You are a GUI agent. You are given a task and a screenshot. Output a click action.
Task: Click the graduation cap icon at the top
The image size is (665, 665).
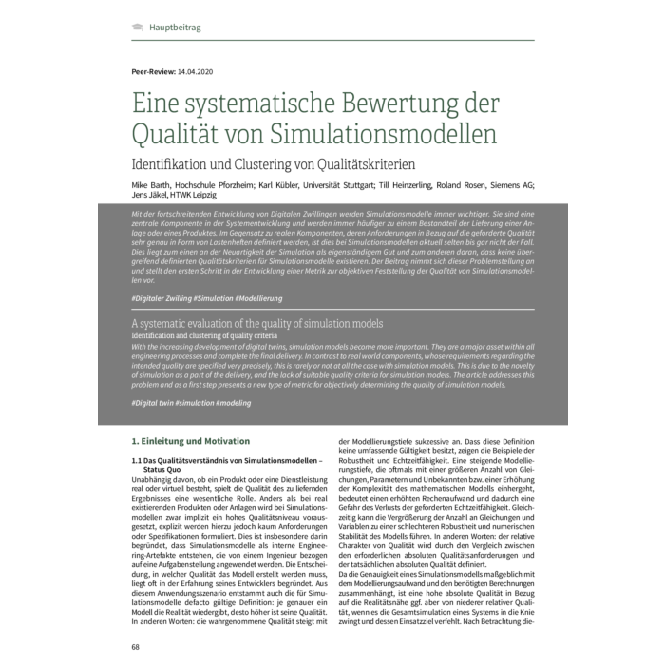click(138, 28)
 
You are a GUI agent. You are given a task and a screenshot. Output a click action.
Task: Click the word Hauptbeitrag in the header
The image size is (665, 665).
click(175, 28)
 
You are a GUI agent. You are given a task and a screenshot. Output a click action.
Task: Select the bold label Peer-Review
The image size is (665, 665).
click(155, 72)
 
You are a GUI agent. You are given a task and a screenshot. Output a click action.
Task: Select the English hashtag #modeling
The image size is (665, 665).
click(238, 403)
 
